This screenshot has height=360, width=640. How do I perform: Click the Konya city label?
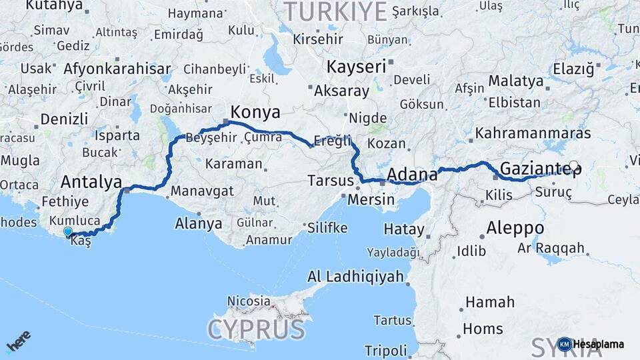(x=255, y=111)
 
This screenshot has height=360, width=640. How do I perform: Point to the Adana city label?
(x=412, y=175)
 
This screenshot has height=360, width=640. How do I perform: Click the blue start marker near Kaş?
(x=67, y=231)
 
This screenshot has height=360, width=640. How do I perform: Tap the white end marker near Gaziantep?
(x=573, y=165)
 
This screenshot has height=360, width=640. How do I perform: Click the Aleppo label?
(x=515, y=228)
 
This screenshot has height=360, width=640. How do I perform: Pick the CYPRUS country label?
(x=257, y=329)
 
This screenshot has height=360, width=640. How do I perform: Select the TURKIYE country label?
(x=336, y=11)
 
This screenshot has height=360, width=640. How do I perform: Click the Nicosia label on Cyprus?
(x=249, y=301)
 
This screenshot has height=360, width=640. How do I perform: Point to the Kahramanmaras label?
(x=533, y=133)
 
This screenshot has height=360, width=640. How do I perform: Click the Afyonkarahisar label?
(x=117, y=69)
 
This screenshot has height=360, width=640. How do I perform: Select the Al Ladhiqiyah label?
(x=356, y=277)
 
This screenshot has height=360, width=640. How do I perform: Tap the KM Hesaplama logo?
(x=591, y=344)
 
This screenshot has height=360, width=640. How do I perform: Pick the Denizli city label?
(x=64, y=119)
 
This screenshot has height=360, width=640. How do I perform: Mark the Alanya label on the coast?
(x=198, y=223)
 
